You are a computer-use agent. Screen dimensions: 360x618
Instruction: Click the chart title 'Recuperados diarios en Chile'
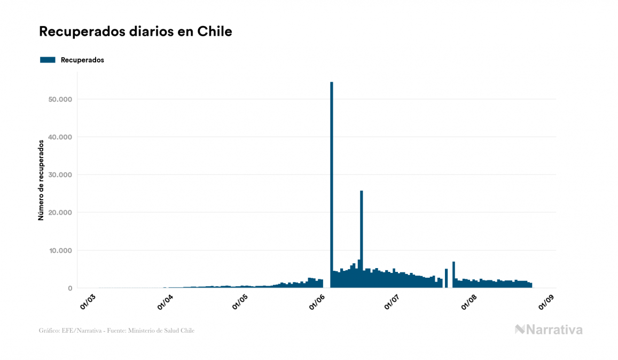point(136,32)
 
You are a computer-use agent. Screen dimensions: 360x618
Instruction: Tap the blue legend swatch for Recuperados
point(48,60)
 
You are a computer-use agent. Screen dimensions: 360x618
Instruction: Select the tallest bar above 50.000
point(332,182)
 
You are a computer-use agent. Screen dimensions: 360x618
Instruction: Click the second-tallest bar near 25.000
point(362,235)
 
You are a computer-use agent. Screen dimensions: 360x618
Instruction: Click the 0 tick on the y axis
point(69,288)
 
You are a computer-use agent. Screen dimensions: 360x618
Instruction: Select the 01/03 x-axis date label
point(89,301)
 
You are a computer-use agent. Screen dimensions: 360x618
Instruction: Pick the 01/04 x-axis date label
point(165,301)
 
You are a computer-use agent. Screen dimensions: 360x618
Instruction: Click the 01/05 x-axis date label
point(239,301)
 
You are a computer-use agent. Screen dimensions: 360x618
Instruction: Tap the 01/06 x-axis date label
point(316,301)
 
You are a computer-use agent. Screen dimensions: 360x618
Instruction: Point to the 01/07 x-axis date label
point(391,301)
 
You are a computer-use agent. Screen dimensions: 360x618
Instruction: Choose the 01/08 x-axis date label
point(468,301)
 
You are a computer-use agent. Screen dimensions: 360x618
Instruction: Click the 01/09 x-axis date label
point(545,301)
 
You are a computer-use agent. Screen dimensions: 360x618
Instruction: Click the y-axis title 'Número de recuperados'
point(41,180)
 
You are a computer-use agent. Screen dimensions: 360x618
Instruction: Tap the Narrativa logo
point(549,330)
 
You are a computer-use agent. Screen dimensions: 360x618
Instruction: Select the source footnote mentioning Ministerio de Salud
point(116,331)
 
